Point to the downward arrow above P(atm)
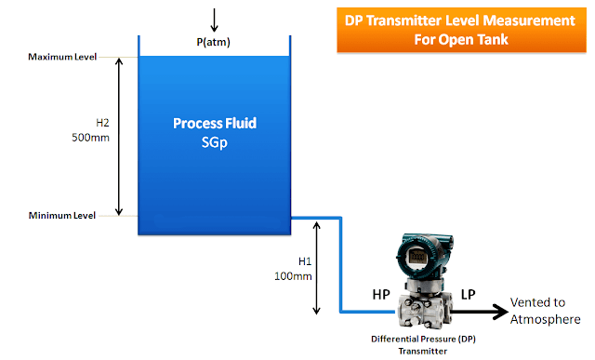pos(214,18)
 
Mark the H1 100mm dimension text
pos(297,269)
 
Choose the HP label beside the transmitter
pos(381,294)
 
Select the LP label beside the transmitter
pos(469,294)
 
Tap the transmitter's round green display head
pos(418,248)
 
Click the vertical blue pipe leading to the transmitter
pos(341,265)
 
